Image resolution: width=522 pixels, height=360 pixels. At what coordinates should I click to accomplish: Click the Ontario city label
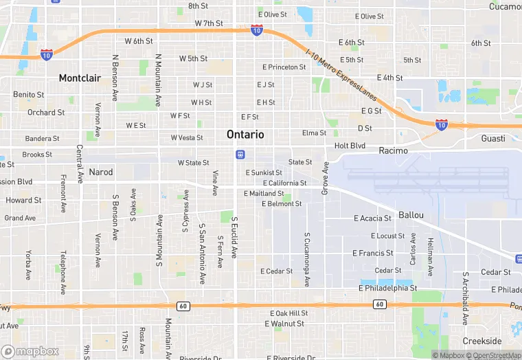click(245, 135)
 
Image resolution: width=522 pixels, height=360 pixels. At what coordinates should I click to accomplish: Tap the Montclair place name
click(80, 78)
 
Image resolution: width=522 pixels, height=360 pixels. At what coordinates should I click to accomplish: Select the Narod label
click(101, 172)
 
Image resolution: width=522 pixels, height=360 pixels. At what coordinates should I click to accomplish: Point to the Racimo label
click(394, 150)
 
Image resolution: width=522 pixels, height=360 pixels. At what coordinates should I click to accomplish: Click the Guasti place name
click(493, 139)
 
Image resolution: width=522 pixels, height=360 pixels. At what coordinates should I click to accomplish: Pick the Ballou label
click(411, 215)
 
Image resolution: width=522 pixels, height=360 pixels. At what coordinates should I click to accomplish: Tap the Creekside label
click(481, 341)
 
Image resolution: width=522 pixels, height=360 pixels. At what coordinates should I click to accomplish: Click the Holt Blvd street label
click(350, 146)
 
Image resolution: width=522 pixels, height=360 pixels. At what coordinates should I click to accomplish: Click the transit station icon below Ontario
click(240, 154)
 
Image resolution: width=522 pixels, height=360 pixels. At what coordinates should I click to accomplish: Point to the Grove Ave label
click(326, 177)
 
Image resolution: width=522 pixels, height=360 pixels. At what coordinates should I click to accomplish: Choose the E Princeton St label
click(284, 67)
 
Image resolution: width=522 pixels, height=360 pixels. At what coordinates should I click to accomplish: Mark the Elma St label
click(314, 133)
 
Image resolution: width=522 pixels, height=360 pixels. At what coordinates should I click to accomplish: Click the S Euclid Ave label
click(234, 238)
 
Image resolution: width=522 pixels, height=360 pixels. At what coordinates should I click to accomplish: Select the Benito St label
click(29, 95)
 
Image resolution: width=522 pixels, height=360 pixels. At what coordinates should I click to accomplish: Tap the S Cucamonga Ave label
click(307, 259)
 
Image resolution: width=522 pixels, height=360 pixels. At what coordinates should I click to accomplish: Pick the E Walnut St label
click(287, 324)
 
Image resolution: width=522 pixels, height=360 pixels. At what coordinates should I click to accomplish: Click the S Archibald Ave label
click(466, 297)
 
